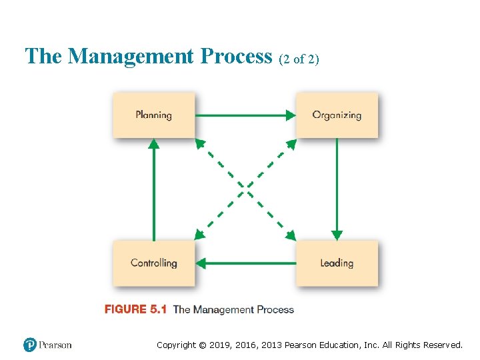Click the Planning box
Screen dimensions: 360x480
(x=153, y=115)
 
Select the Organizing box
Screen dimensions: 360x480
(x=337, y=115)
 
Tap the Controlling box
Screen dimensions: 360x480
(x=153, y=263)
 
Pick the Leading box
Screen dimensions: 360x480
(x=337, y=263)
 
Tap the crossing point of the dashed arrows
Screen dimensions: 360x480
(x=245, y=189)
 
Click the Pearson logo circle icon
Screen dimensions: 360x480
(x=30, y=345)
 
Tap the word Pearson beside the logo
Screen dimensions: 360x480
(x=55, y=345)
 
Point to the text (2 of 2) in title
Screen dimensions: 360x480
(x=298, y=59)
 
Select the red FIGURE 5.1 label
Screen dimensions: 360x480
(x=135, y=309)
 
